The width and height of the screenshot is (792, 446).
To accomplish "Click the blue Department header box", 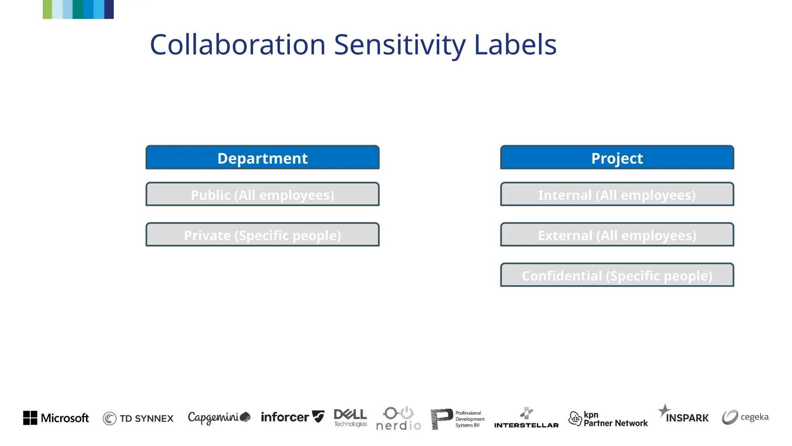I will pos(262,158).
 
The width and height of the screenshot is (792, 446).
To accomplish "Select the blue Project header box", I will pos(617,158).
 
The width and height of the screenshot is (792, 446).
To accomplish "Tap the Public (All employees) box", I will pos(262,194).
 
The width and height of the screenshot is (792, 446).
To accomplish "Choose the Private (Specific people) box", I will pos(262,235).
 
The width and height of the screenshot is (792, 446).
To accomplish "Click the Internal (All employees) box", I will pos(617,194).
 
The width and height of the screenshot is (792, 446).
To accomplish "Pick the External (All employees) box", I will pos(617,235).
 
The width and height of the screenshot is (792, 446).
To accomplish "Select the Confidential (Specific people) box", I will pos(617,275).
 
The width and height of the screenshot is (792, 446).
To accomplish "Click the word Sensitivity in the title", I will pos(399,45).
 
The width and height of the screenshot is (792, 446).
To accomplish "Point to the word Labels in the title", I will pos(515,45).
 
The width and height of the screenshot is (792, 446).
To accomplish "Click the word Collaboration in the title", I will pos(237,45).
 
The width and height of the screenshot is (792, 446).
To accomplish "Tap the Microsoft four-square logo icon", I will pos(30,418).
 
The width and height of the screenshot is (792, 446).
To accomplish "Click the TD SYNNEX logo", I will pos(138,418).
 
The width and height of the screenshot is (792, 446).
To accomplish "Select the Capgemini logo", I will pos(219,417).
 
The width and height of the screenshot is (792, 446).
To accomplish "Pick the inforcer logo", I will pos(292,417).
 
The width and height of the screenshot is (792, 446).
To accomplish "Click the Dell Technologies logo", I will pos(350,418).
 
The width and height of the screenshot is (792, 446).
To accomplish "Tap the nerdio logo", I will pos(399,419).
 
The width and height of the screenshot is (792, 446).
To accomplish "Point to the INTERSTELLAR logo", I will pos(526,418).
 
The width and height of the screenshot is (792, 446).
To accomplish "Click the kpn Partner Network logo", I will pos(608,419).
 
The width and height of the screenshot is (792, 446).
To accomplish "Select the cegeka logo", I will pos(745,417).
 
